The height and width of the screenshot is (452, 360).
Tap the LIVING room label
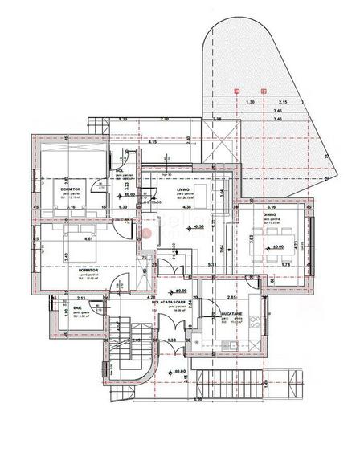click(x=183, y=190)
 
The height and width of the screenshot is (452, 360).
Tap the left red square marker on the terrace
click(x=236, y=92)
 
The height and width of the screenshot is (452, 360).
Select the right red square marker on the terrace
click(x=264, y=92)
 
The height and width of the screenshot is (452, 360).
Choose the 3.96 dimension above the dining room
click(x=270, y=207)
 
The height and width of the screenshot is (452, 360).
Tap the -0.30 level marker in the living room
click(x=199, y=228)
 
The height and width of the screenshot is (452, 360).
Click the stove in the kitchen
click(x=256, y=324)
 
